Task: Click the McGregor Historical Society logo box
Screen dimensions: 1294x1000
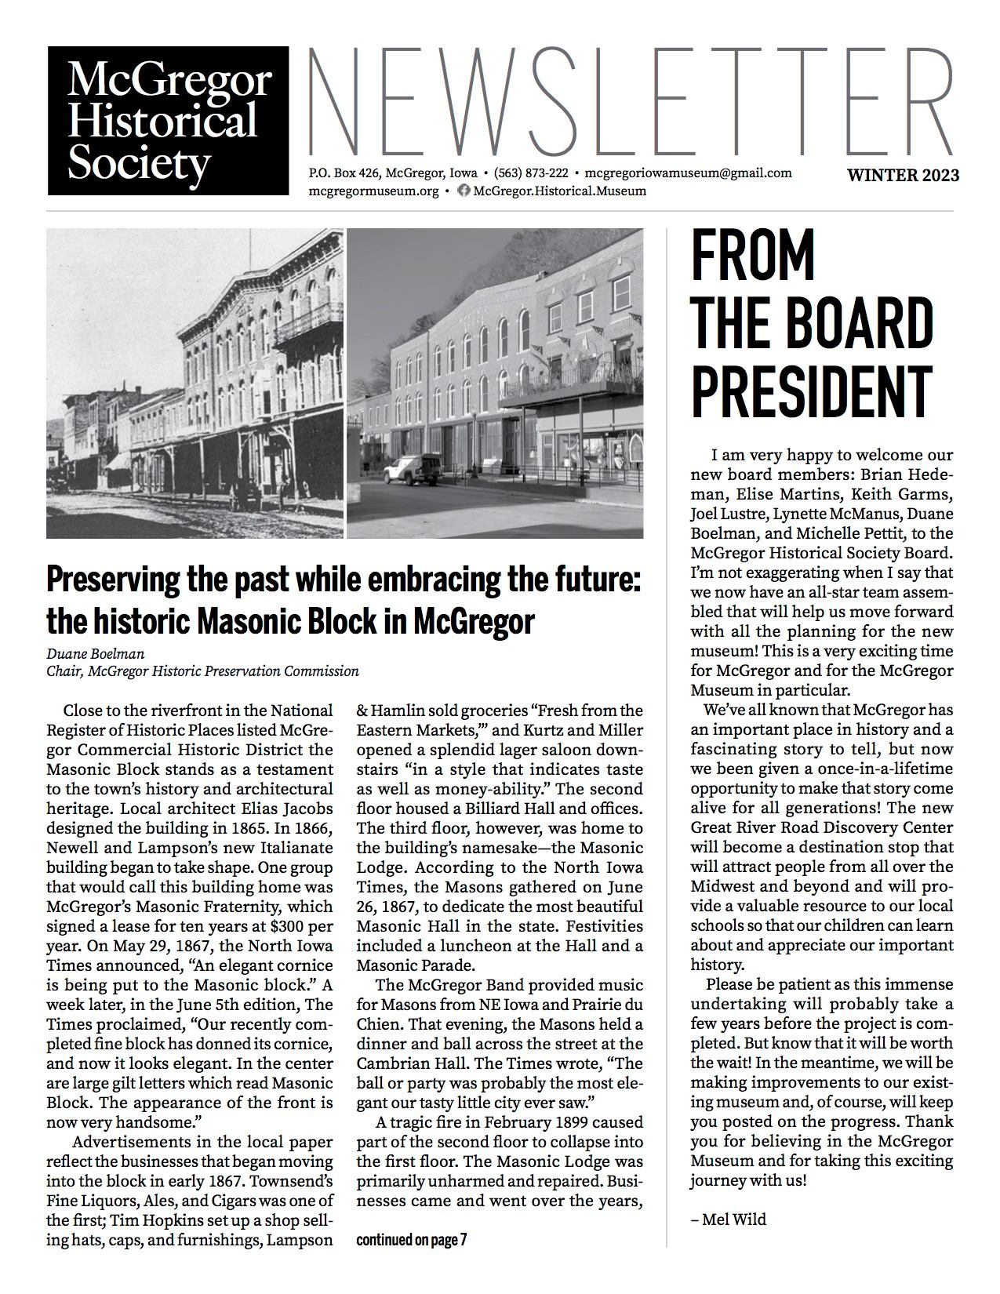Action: tap(168, 121)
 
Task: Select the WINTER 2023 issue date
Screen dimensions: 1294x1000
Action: tap(902, 175)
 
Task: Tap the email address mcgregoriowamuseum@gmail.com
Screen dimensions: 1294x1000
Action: tap(688, 173)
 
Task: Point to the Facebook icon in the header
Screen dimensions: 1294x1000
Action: tap(464, 191)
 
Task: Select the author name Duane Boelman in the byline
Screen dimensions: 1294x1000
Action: tap(89, 653)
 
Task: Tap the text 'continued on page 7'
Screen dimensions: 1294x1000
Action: tap(412, 1240)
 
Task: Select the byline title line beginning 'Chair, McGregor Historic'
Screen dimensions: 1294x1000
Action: tap(202, 671)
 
